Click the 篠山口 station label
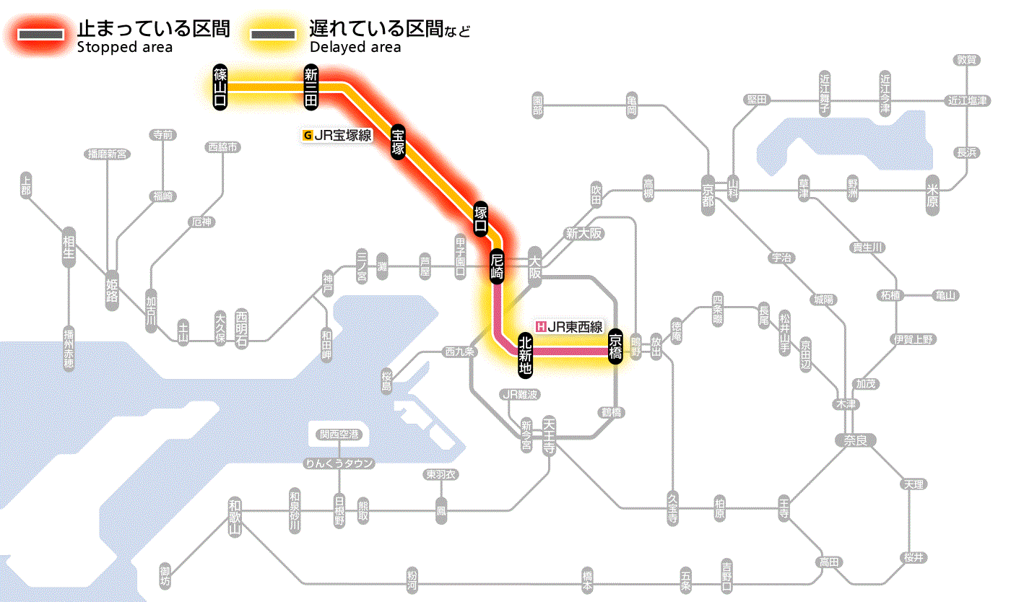tap(220, 87)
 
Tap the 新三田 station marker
tap(311, 87)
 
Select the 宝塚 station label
tap(398, 142)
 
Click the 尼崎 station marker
tap(497, 266)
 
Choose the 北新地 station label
tap(525, 353)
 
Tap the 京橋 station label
tap(615, 346)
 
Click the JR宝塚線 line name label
tap(338, 134)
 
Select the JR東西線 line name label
tap(569, 326)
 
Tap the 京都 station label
tap(708, 193)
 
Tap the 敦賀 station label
tap(966, 60)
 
